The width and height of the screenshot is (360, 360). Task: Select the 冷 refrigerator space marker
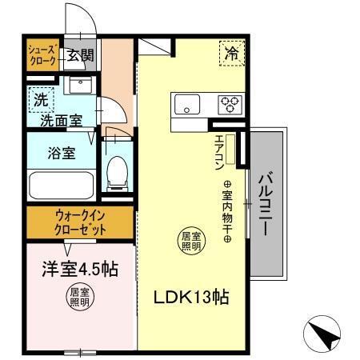click(232, 54)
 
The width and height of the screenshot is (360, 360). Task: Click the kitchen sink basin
click(188, 103)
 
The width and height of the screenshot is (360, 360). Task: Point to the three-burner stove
click(230, 103)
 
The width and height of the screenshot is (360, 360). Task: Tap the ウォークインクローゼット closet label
click(80, 222)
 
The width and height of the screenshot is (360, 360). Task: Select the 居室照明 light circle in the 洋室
click(78, 298)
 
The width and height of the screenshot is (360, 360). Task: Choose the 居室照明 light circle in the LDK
click(190, 240)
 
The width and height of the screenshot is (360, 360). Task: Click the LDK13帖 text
click(192, 298)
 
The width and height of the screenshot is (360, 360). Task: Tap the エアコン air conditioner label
click(218, 149)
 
